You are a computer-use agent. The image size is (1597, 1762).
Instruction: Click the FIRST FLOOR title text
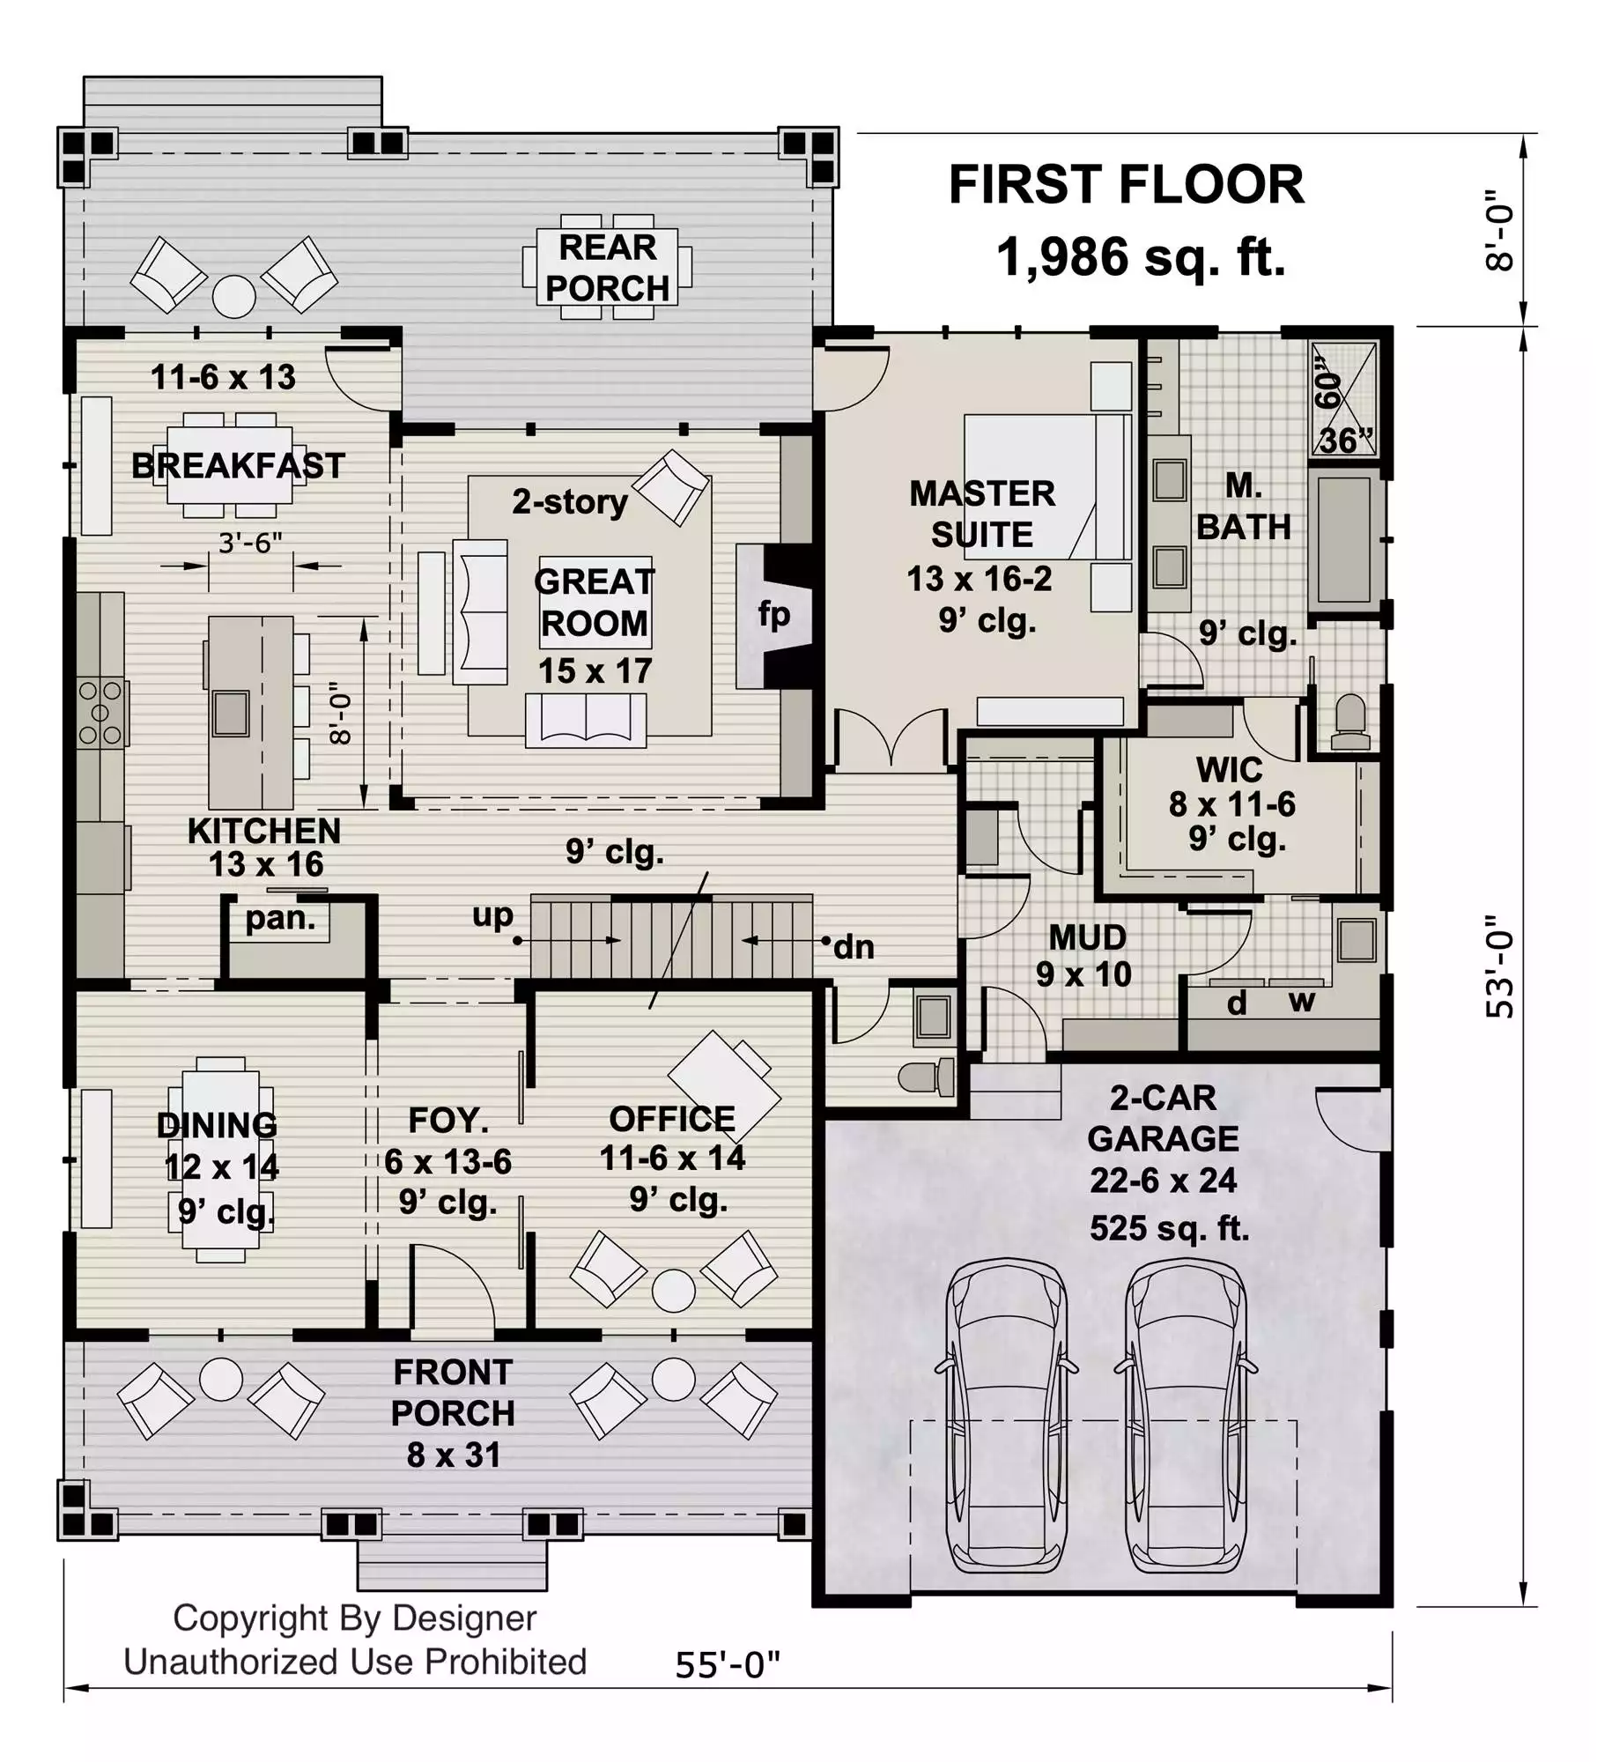click(x=1126, y=185)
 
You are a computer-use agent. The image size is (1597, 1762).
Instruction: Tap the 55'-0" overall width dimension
click(x=728, y=1665)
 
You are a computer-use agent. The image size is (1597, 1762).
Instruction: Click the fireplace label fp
click(x=774, y=614)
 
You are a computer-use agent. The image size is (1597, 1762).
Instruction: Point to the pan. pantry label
click(x=280, y=919)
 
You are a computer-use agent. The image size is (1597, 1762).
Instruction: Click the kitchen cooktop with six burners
click(x=101, y=713)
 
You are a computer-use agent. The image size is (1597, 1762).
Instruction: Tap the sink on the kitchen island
click(x=231, y=713)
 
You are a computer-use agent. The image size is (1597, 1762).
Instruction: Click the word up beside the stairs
click(x=492, y=916)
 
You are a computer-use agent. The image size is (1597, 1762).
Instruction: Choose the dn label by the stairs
click(x=854, y=947)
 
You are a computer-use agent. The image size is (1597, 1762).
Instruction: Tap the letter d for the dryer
click(x=1237, y=1003)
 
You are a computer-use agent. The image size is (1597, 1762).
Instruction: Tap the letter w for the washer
click(x=1302, y=1002)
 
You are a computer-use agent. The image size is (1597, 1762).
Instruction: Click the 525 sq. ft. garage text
click(x=1170, y=1228)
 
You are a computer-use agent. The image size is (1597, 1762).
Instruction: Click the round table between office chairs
click(x=674, y=1291)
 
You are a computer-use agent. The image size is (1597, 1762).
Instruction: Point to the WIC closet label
click(x=1229, y=770)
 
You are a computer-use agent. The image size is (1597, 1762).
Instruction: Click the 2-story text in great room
click(x=570, y=501)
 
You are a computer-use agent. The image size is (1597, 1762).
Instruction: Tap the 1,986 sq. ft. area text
click(x=1141, y=257)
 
